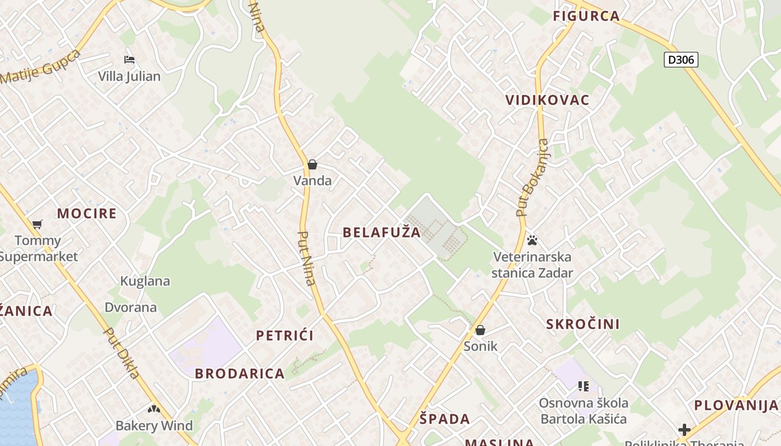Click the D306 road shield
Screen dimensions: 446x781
[x=681, y=60]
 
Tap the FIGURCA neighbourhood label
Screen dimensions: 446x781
[x=586, y=16]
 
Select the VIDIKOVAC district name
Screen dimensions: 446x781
[x=547, y=100]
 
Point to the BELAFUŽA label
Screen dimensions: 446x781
[x=382, y=232]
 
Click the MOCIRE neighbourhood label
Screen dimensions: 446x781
[x=87, y=214]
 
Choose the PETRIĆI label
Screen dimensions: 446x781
[x=285, y=336]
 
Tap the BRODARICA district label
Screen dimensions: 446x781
[x=240, y=374]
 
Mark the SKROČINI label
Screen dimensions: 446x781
[x=583, y=324]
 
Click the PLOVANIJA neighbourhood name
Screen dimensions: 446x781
[x=736, y=405]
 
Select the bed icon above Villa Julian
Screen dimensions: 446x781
[x=129, y=60]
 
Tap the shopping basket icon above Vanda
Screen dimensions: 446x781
[x=312, y=164]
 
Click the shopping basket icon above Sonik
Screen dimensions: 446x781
[x=480, y=330]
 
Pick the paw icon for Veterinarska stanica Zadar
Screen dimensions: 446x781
[x=532, y=240]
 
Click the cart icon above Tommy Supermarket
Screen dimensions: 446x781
[x=37, y=224]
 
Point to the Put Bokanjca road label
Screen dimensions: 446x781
[x=533, y=177]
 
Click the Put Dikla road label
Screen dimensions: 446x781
[x=122, y=353]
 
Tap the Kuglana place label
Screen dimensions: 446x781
[x=145, y=281]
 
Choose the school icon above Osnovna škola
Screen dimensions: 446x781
[x=584, y=386]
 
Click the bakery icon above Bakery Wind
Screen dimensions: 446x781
[x=154, y=409]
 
